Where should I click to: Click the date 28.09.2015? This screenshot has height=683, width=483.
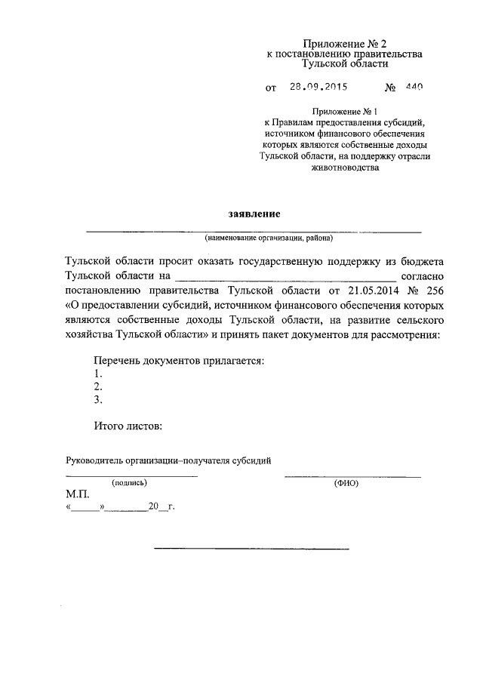318,87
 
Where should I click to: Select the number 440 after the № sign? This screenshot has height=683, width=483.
414,87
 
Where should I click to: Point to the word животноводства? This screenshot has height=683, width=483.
344,168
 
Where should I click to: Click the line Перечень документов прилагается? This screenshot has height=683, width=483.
179,361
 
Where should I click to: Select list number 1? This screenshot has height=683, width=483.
98,374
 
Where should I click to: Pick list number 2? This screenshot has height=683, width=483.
98,386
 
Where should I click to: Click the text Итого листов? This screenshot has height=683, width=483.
128,426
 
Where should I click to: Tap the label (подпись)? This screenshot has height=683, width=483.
130,481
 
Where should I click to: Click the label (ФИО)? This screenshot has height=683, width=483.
346,481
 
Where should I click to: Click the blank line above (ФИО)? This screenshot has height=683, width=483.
352,475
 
